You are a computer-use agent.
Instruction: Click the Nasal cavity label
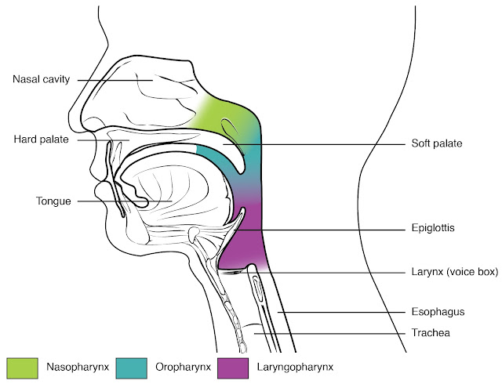pos(42,79)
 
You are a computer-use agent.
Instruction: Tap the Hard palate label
pos(40,140)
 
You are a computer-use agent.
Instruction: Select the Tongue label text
pos(53,201)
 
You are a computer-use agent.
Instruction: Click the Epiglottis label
pos(433,229)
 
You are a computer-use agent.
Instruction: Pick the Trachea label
pos(431,332)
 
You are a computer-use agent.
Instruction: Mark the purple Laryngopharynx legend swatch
pos(233,367)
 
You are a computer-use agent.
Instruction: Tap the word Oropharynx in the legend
pos(177,367)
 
